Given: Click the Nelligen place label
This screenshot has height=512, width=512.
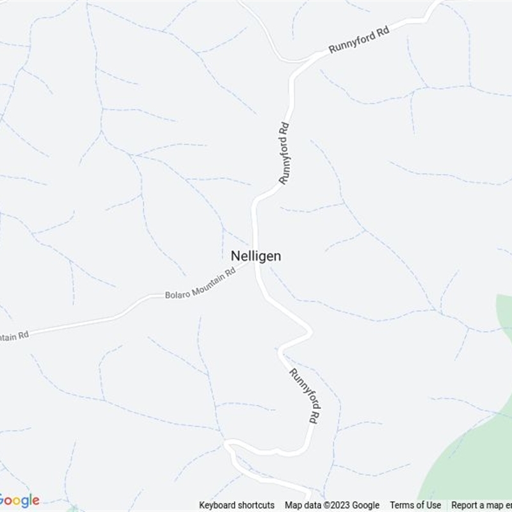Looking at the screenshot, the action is coord(255,255).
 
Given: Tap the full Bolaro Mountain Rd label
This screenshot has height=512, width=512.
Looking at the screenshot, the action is coord(200,284).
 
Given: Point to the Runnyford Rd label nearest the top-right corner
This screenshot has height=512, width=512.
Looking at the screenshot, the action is coord(359,40).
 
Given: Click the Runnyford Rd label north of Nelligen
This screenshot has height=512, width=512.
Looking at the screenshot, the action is coord(285,154).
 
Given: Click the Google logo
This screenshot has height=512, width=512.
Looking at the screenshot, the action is coord(19,500).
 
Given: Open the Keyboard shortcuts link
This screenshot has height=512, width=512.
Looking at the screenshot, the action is coord(237,505).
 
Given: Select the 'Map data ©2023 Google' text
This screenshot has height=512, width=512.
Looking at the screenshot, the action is coord(332,505).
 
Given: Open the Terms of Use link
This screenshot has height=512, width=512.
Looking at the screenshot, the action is coord(415,505).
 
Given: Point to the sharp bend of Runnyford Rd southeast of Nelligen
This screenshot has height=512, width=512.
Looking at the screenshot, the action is coord(310,332).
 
